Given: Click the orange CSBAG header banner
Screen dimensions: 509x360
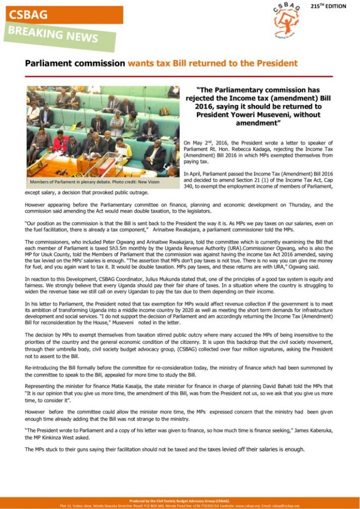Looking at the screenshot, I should [64, 15].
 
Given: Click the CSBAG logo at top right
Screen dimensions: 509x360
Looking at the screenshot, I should [287, 21].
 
